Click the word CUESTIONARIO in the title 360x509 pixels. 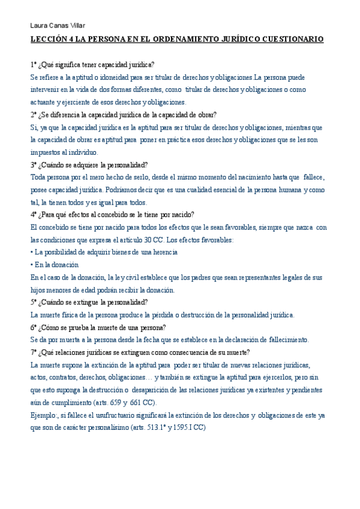(293, 39)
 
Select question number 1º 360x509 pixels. (34, 64)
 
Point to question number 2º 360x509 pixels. (34, 115)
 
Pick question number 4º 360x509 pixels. (34, 214)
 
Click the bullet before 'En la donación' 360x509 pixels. (31, 265)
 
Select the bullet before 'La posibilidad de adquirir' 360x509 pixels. (31, 252)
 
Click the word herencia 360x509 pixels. (163, 252)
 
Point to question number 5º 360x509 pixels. (34, 302)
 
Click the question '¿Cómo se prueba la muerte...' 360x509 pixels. (102, 327)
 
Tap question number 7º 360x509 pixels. (34, 352)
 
